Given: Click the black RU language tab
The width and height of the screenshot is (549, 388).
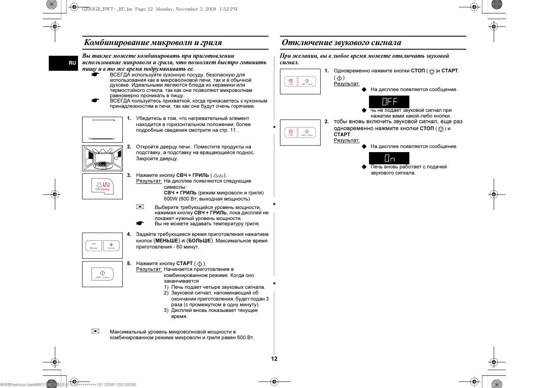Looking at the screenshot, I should pyautogui.click(x=63, y=63).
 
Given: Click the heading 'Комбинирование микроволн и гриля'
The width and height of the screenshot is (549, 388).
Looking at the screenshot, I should pyautogui.click(x=153, y=42).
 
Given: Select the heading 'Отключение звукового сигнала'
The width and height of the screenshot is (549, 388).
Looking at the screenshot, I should pyautogui.click(x=341, y=42).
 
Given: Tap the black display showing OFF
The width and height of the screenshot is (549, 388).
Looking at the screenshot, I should pyautogui.click(x=389, y=102).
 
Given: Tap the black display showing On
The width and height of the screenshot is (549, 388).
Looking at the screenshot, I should pyautogui.click(x=389, y=158).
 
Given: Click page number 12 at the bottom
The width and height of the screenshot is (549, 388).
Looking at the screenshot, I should pyautogui.click(x=274, y=359).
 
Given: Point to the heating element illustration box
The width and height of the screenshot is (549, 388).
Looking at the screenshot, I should pyautogui.click(x=102, y=130).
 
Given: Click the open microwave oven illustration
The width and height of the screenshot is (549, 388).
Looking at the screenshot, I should pyautogui.click(x=102, y=158).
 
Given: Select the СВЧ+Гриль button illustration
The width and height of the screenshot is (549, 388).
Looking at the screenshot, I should pyautogui.click(x=102, y=186).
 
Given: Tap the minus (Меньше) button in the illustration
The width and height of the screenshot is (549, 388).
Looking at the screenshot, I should pyautogui.click(x=94, y=245).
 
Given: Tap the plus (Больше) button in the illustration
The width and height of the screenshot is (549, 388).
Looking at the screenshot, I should pyautogui.click(x=111, y=245).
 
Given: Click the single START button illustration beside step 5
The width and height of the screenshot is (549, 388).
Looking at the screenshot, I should pyautogui.click(x=102, y=274).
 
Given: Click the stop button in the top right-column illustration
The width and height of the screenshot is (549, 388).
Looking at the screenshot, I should pyautogui.click(x=291, y=81).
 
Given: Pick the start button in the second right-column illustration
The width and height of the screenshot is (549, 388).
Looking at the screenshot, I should pyautogui.click(x=307, y=133).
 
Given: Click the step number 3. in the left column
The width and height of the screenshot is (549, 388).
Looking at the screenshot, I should pyautogui.click(x=129, y=175).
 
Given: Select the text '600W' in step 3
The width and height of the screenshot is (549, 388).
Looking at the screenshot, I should pyautogui.click(x=170, y=199).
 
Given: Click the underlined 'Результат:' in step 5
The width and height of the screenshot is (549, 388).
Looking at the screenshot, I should pyautogui.click(x=149, y=269).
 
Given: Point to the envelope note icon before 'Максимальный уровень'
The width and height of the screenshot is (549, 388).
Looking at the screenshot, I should pyautogui.click(x=95, y=331).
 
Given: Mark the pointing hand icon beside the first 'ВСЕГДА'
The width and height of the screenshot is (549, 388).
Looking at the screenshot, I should pyautogui.click(x=95, y=75).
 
